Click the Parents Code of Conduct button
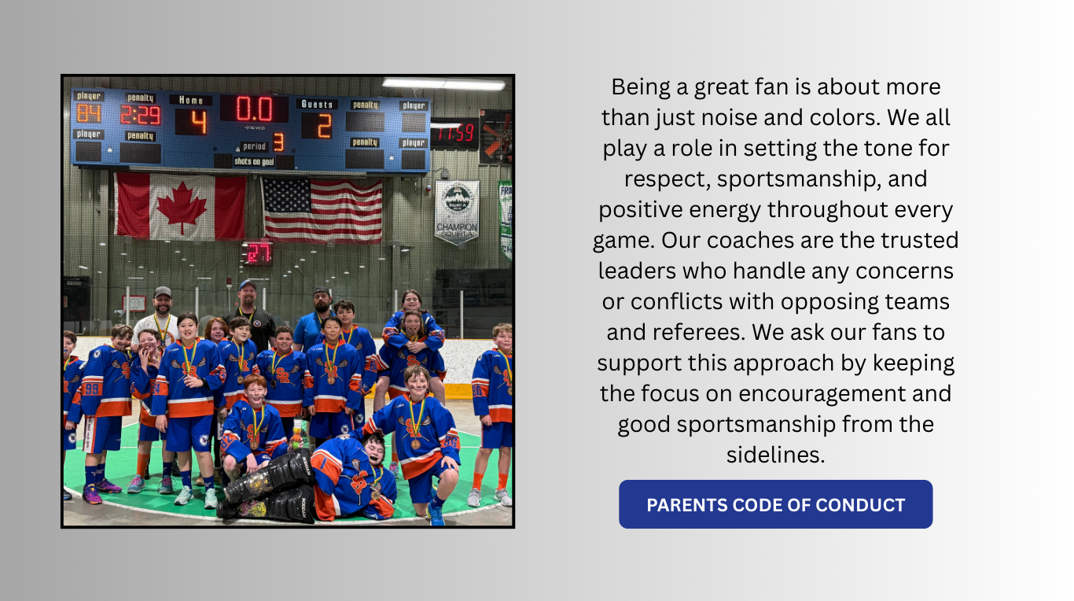(x=775, y=504)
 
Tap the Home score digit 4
(x=199, y=122)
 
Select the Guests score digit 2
(x=324, y=126)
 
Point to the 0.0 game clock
(x=254, y=109)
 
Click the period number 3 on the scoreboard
(x=278, y=142)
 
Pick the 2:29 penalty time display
(x=141, y=116)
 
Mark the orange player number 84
(x=89, y=113)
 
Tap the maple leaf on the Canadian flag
(x=182, y=207)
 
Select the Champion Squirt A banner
(x=457, y=211)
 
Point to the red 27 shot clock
(x=259, y=253)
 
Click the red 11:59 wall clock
(x=454, y=133)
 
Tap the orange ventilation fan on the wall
(x=497, y=136)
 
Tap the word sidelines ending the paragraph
(x=775, y=454)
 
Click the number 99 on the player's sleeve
(x=91, y=389)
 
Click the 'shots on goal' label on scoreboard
(x=254, y=161)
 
